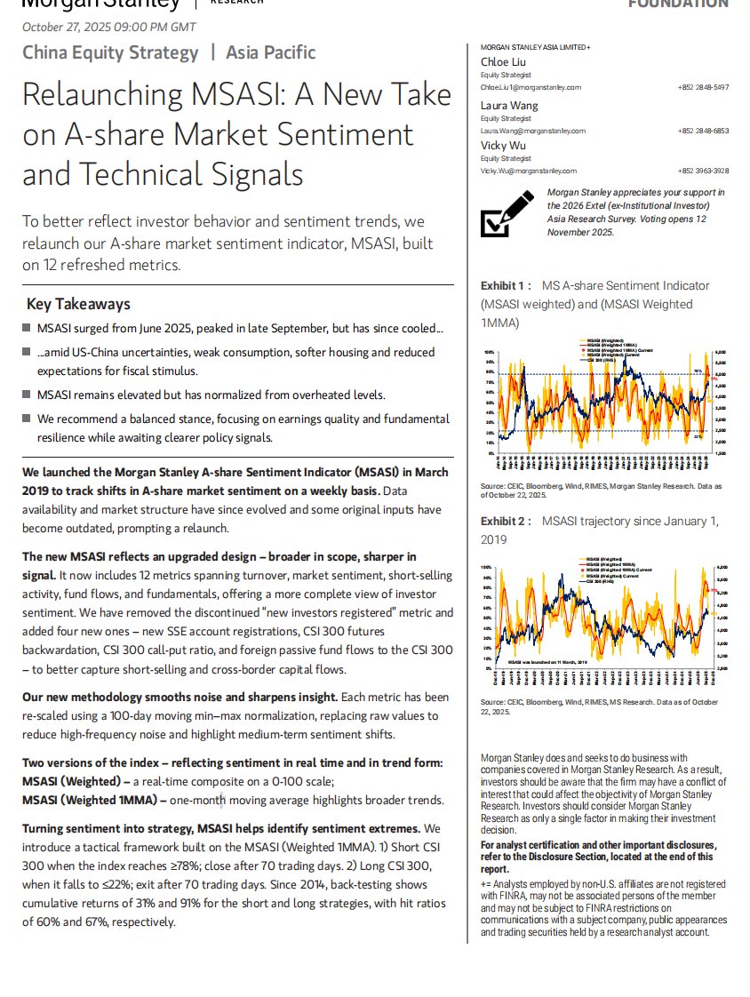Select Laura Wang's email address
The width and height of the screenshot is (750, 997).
532,131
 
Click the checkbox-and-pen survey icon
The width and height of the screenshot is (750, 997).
507,214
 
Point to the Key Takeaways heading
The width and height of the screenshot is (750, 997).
78,304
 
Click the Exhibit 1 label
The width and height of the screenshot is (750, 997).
506,286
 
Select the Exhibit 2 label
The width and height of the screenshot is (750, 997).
506,522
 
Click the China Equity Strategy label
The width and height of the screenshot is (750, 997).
110,52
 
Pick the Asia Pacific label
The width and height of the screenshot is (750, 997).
270,52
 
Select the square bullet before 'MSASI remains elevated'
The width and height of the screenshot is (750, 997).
27,395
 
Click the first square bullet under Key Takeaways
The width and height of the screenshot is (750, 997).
27,329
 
